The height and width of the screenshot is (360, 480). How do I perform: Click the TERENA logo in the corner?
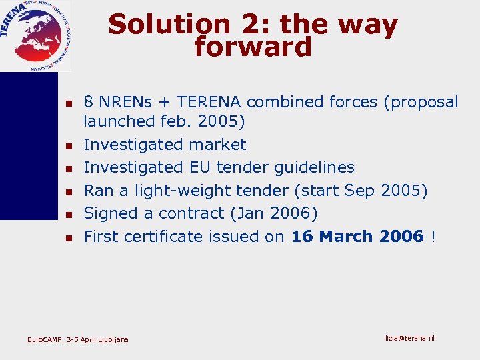coord(35,35)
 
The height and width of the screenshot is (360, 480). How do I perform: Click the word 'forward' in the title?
coord(253,47)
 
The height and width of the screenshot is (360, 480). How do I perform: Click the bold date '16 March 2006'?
coord(357,236)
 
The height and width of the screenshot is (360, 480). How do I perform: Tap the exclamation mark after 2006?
coord(433,236)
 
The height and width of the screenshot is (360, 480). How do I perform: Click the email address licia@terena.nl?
coord(409,339)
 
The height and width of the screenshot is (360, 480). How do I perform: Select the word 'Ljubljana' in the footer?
coord(114,340)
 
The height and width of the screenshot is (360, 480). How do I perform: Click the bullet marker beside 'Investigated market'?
coord(69,145)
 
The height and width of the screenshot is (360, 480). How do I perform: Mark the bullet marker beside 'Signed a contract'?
coord(69,214)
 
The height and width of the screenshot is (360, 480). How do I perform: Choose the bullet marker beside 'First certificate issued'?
coord(69,237)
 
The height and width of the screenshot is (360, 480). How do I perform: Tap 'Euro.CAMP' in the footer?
coord(43,340)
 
